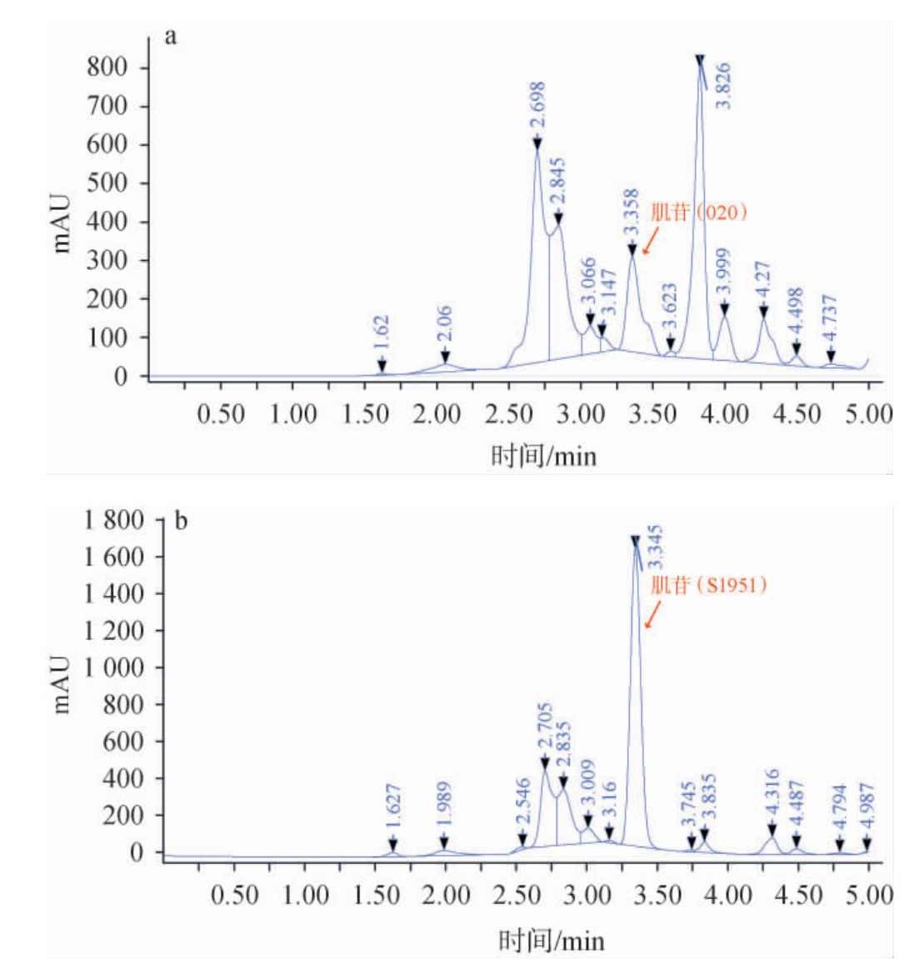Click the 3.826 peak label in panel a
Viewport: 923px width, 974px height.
click(723, 85)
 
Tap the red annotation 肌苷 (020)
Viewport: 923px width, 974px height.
click(699, 212)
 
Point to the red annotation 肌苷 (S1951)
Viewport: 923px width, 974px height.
click(708, 584)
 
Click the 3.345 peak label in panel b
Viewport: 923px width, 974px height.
click(656, 547)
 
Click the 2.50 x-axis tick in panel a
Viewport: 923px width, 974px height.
click(508, 413)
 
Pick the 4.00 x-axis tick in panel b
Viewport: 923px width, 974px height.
click(728, 896)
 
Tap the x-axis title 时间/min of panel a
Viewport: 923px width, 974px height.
click(543, 456)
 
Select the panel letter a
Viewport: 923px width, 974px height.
click(171, 37)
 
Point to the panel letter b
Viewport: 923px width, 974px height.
click(181, 522)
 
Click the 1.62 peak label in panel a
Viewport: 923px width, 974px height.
click(382, 336)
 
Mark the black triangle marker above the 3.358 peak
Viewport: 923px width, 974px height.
click(632, 249)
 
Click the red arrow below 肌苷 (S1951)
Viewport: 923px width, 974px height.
click(652, 615)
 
